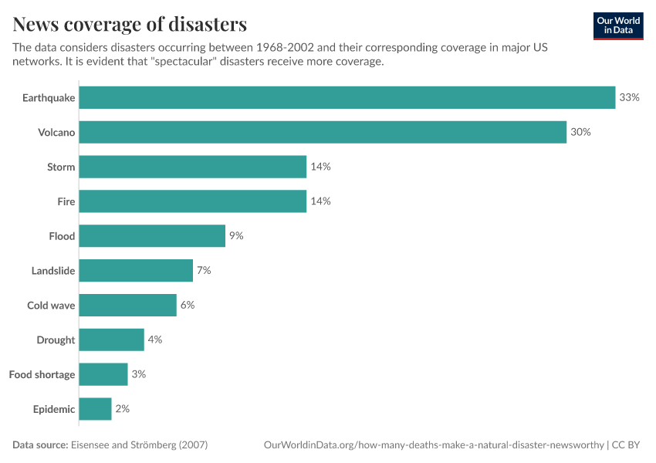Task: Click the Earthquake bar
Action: (347, 97)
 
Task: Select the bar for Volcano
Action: (323, 132)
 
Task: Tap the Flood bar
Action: (152, 236)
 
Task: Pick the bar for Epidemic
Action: (95, 409)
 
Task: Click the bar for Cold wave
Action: (127, 305)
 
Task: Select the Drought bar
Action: (111, 340)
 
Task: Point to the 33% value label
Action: (629, 97)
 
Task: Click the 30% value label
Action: (580, 132)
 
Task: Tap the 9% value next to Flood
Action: (236, 236)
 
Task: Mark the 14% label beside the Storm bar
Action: (320, 167)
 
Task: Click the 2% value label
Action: (122, 409)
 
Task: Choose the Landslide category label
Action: (53, 271)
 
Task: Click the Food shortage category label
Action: (42, 374)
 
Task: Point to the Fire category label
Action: (66, 201)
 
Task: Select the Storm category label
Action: (61, 167)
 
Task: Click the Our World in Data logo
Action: (617, 25)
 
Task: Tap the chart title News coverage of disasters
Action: (130, 24)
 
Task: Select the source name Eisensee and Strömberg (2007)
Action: (139, 445)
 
